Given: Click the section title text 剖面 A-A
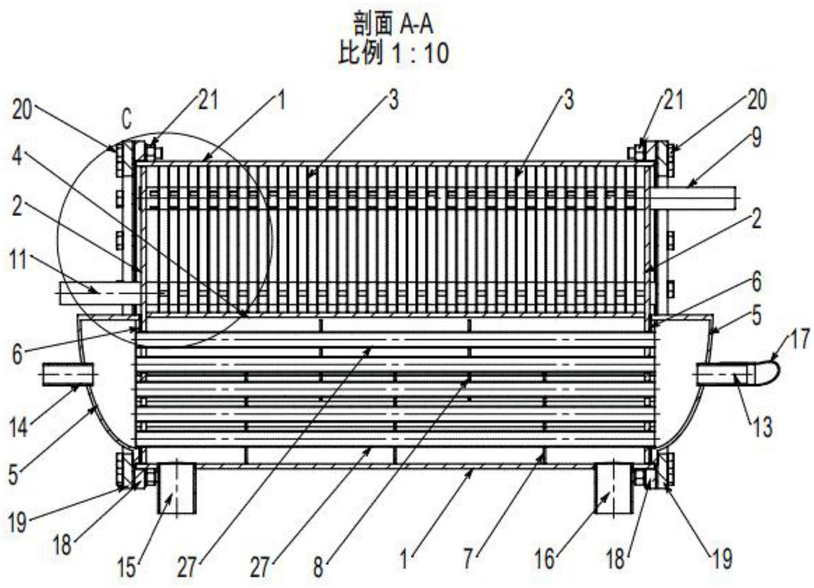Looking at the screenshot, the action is (393, 24).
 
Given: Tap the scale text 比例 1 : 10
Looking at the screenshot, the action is (393, 53).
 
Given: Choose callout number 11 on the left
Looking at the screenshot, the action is (18, 260).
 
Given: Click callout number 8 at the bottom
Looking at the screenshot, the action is (318, 568).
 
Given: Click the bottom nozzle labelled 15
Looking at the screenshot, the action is (177, 488).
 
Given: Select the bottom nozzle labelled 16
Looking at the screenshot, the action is (614, 488).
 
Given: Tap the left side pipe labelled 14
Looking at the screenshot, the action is (68, 374).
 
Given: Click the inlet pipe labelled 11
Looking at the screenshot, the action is (100, 293).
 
